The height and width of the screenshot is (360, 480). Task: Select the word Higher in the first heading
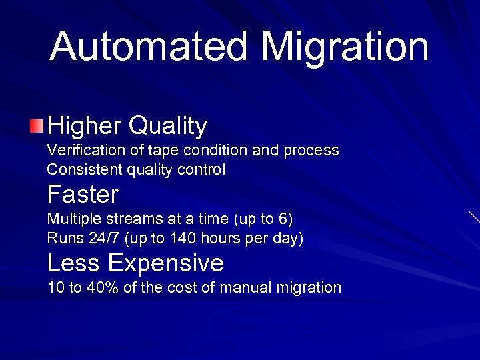85,125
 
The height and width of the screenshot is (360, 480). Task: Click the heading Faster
83,195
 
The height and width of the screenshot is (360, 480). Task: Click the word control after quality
201,170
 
